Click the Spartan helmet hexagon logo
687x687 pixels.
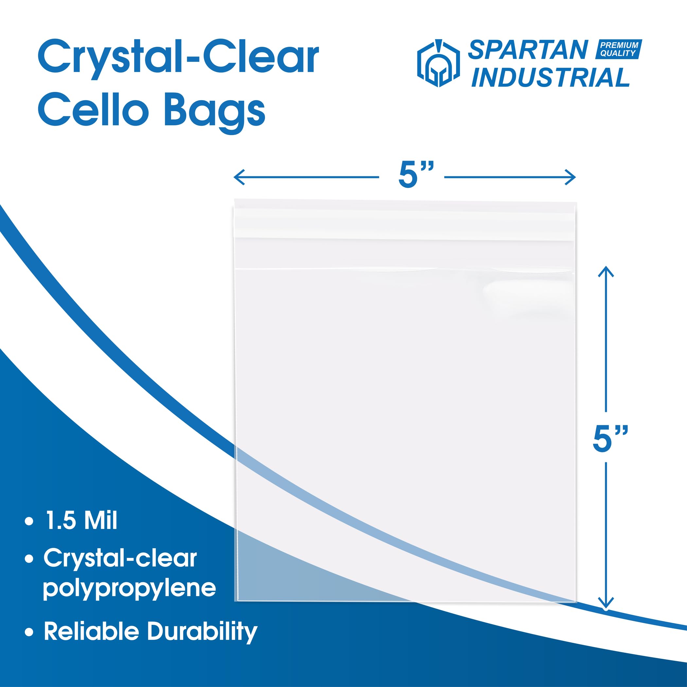tap(438, 64)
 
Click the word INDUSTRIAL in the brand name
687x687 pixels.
tap(551, 77)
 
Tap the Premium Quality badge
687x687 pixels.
tap(619, 49)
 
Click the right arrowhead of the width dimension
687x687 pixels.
tap(570, 177)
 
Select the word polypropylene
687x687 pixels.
tap(130, 589)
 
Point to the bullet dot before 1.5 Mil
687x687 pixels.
tap(29, 522)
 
